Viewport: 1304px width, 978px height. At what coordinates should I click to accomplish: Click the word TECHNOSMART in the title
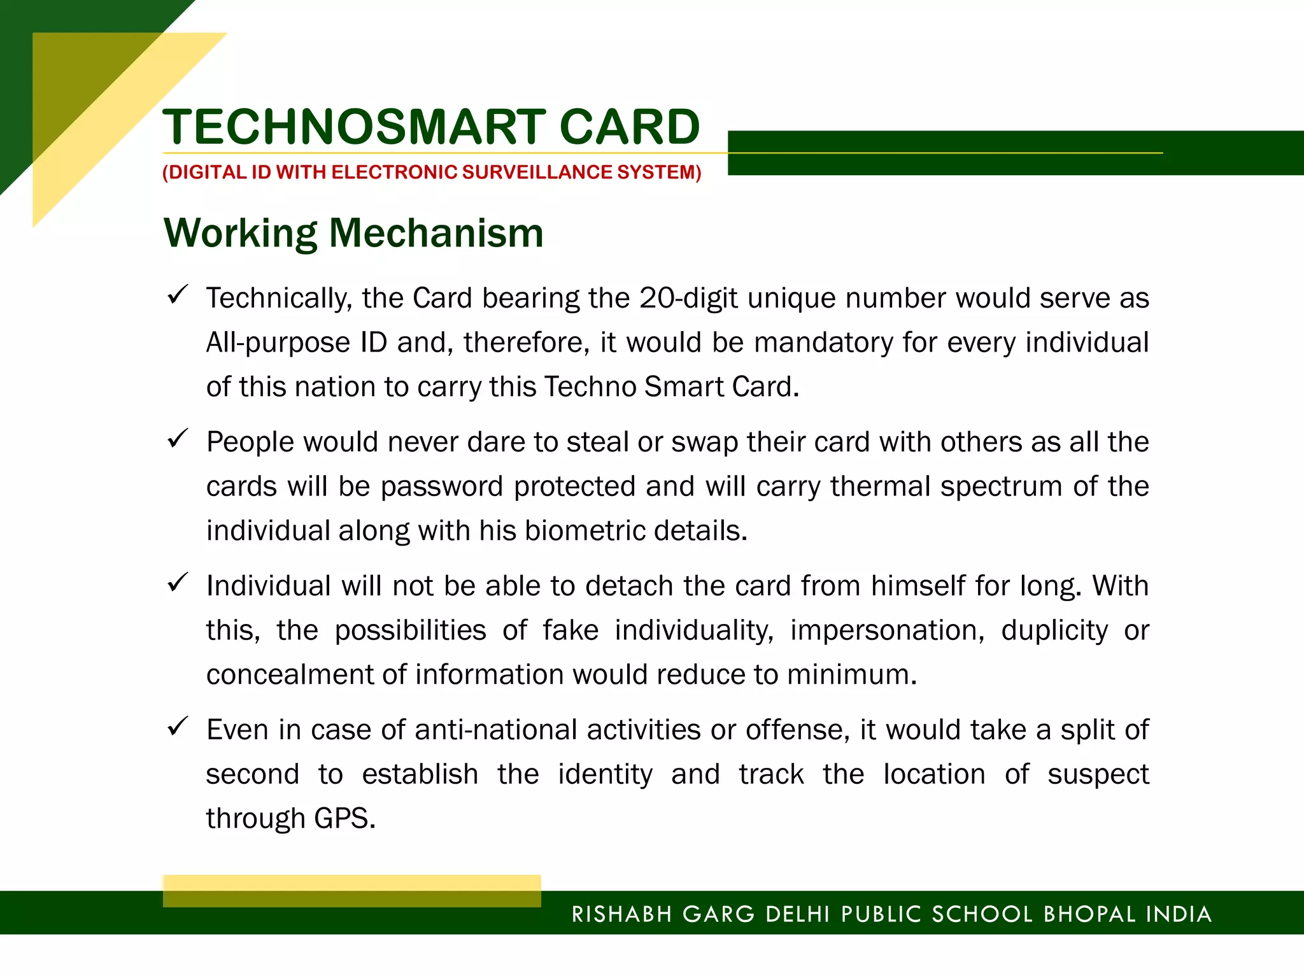tap(354, 127)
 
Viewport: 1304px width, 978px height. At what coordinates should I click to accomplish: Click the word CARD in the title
tap(630, 127)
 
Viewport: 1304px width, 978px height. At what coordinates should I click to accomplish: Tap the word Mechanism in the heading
tap(436, 233)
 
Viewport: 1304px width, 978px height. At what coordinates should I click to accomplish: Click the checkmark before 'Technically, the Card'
tap(177, 294)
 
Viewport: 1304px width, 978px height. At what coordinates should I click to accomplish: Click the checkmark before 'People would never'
tap(177, 438)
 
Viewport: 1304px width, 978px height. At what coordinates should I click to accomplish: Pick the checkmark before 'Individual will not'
tap(177, 582)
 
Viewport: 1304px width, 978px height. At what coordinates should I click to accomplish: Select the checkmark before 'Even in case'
tap(177, 726)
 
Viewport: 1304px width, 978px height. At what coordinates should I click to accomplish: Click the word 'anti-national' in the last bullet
tap(495, 730)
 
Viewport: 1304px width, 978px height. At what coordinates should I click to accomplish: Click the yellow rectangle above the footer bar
tap(351, 890)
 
